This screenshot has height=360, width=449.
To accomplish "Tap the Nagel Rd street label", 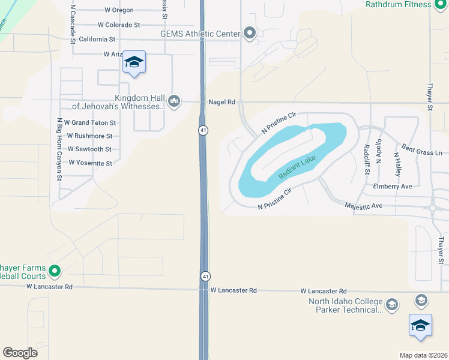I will (x=221, y=103).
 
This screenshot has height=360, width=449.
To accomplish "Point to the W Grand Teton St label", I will (x=91, y=123).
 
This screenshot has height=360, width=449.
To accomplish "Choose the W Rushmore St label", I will (x=89, y=136).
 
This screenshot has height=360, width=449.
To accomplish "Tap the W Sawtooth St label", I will (x=89, y=149).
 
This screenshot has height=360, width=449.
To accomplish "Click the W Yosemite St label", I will (x=90, y=163).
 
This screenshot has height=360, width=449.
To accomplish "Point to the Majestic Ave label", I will (x=363, y=206).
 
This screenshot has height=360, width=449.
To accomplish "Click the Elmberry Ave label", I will (x=392, y=187).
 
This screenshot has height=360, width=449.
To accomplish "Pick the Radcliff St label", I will (x=366, y=159).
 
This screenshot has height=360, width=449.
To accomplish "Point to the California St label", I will (x=97, y=39).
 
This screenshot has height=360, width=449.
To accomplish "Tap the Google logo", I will (x=20, y=353).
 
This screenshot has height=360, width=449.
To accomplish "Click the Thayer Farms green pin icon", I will (x=55, y=271).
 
